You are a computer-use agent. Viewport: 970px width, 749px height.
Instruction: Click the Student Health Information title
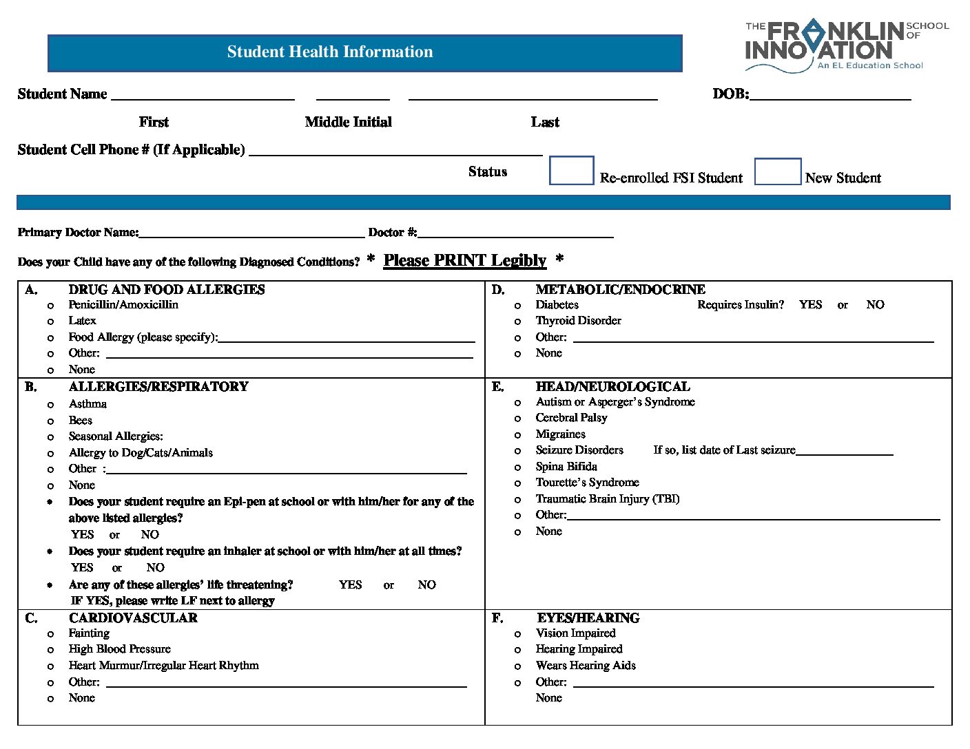[330, 52]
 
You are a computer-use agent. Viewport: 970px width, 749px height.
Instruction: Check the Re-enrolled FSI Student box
[571, 171]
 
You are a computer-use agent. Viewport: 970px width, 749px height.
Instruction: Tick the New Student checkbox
[777, 171]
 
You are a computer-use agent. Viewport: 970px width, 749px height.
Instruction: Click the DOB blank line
[829, 95]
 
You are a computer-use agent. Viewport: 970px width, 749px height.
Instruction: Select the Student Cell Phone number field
[395, 151]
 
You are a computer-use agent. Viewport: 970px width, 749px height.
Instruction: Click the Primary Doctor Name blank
[251, 233]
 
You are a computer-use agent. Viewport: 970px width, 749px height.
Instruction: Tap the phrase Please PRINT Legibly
[464, 260]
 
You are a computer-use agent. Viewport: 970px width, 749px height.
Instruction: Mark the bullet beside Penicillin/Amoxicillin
[50, 306]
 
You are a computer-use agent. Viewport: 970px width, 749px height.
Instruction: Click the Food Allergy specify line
[346, 337]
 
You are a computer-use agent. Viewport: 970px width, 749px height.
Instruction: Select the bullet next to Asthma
[50, 405]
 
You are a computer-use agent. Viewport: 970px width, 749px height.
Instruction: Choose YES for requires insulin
[810, 305]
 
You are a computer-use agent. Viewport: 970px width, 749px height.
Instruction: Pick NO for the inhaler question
[155, 568]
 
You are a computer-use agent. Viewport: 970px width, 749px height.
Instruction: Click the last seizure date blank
[844, 451]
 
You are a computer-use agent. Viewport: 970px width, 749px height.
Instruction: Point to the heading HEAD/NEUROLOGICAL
[612, 387]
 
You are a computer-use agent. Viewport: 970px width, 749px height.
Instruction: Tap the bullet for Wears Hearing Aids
[517, 666]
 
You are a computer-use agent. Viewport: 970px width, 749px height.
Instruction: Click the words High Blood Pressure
[119, 649]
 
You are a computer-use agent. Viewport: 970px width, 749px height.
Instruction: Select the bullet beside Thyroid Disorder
[517, 321]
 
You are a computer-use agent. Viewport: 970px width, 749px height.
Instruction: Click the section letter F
[497, 618]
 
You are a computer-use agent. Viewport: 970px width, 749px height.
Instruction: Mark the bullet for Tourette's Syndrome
[517, 483]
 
